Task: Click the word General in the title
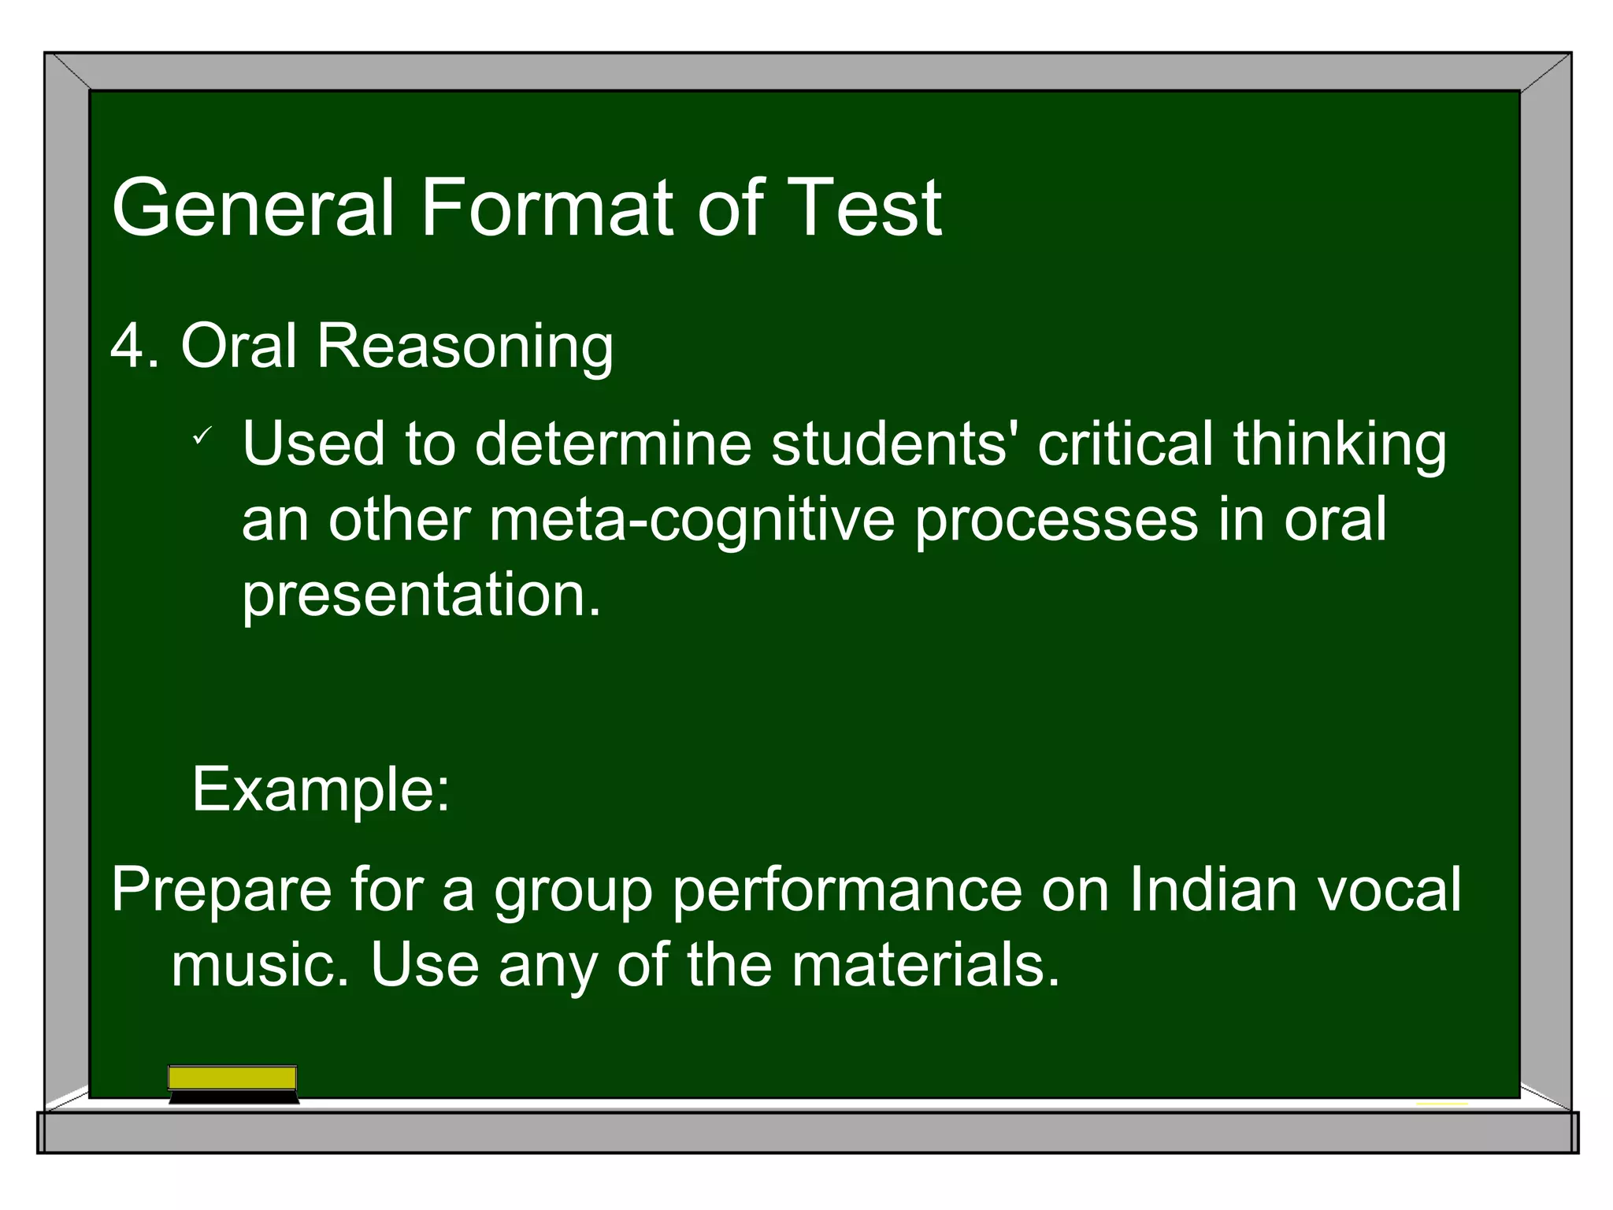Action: point(252,208)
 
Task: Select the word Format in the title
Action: point(547,208)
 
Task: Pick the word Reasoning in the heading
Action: point(465,347)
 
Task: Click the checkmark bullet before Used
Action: point(202,435)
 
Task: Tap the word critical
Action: point(1125,443)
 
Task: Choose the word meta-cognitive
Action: point(692,521)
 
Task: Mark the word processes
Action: point(1055,521)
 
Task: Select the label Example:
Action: point(321,789)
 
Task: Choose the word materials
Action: point(925,965)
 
